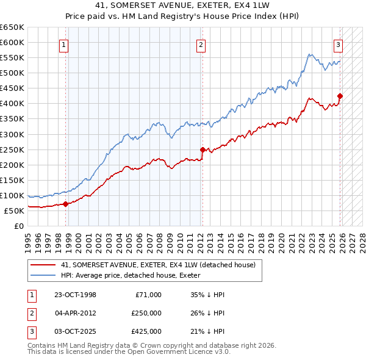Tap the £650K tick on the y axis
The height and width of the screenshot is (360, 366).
[12, 27]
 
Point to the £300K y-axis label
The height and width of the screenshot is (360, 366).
[12, 134]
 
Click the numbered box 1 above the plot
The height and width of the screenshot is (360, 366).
[64, 44]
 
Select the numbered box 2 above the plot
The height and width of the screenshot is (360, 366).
[201, 44]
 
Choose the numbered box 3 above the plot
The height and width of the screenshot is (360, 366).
[338, 44]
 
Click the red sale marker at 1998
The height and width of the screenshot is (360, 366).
[65, 204]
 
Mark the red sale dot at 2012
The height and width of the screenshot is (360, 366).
[203, 149]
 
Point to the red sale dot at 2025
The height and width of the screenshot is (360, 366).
[340, 95]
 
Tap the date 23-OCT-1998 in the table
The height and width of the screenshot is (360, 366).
[75, 295]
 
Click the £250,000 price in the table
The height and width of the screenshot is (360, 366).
[146, 313]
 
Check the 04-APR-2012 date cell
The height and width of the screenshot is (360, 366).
[75, 313]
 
